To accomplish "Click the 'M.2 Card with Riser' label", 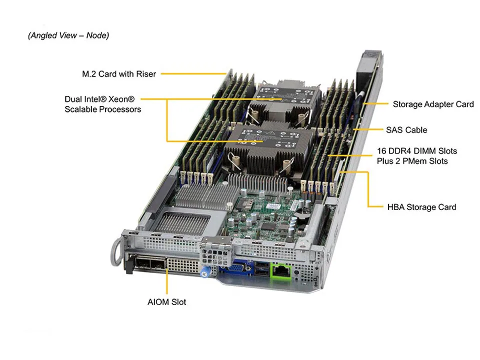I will pyautogui.click(x=119, y=74).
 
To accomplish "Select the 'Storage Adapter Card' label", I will pyautogui.click(x=433, y=104).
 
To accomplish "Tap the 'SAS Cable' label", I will pyautogui.click(x=406, y=129).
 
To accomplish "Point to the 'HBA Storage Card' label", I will pyautogui.click(x=421, y=206).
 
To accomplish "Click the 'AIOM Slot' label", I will pyautogui.click(x=166, y=301).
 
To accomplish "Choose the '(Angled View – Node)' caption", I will pyautogui.click(x=68, y=35).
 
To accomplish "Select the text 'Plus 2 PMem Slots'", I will pyautogui.click(x=412, y=161).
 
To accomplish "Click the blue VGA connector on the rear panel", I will pyautogui.click(x=232, y=270).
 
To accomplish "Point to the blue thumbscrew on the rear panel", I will pyautogui.click(x=204, y=273).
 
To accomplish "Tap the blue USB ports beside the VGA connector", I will pyautogui.click(x=260, y=268).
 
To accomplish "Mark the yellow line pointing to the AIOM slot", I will pyautogui.click(x=166, y=283).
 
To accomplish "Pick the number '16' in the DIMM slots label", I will pyautogui.click(x=381, y=150).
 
